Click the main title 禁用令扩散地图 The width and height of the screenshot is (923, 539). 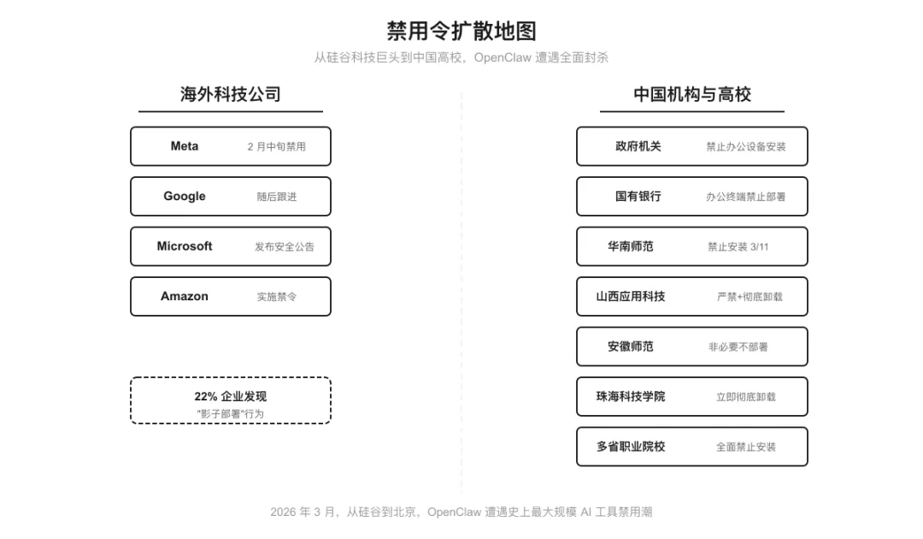click(461, 32)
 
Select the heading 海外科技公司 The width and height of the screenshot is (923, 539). click(231, 94)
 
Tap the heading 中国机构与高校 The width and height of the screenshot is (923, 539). click(692, 94)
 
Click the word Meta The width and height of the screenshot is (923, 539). click(185, 146)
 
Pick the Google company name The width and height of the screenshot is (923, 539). click(185, 196)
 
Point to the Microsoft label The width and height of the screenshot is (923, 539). click(185, 246)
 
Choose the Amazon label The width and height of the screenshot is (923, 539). click(185, 296)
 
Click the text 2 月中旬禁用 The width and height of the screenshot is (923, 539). click(277, 146)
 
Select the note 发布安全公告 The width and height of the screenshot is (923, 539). click(285, 246)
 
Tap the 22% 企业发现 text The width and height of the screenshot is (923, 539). click(231, 396)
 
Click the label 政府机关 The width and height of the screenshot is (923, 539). click(638, 146)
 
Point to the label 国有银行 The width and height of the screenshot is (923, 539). click(638, 196)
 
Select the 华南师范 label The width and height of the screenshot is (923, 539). click(631, 246)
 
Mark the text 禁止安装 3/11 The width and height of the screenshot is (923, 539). click(738, 246)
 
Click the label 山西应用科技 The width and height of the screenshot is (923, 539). click(631, 296)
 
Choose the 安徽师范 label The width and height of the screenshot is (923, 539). click(631, 346)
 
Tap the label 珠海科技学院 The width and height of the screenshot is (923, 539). click(631, 396)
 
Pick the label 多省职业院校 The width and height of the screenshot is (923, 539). click(631, 447)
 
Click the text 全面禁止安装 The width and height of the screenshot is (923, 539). click(746, 447)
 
